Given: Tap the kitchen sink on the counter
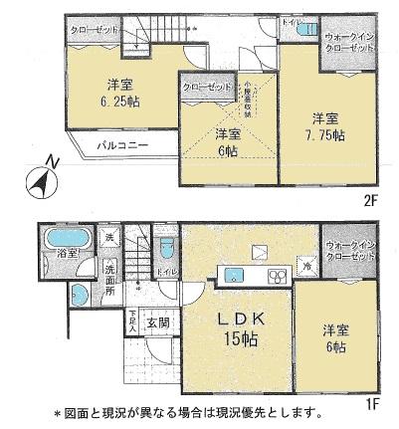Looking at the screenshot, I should (x=237, y=274).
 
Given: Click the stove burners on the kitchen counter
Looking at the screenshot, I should (x=277, y=274).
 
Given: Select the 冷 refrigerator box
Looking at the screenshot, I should (x=307, y=267).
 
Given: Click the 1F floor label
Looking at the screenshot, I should (x=371, y=406).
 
